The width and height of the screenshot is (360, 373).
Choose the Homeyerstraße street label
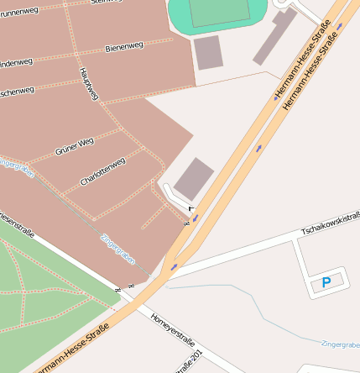[173, 329]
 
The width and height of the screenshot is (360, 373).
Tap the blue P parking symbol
[326, 283]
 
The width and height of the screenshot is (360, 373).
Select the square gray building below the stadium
[208, 52]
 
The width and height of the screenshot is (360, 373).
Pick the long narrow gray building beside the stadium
[274, 37]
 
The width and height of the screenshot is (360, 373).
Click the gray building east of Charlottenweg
[194, 178]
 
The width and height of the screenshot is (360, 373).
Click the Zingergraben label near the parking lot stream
[340, 344]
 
